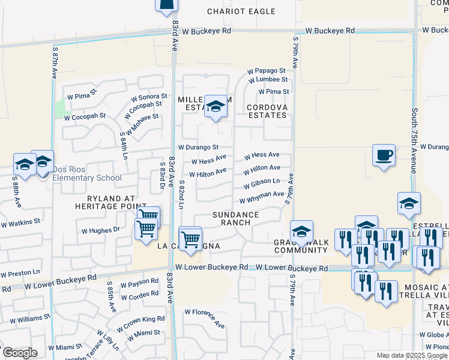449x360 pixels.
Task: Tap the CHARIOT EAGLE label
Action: (x=241, y=11)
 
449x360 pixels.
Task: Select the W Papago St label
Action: (x=268, y=70)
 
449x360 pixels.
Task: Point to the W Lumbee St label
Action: (x=267, y=79)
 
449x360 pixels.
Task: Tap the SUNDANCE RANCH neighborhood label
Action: (x=236, y=219)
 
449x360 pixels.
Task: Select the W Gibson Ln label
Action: (x=262, y=182)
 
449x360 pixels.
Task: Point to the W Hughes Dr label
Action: (x=100, y=230)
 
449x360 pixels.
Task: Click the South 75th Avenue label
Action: (x=414, y=140)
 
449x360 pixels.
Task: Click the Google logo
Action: (x=19, y=353)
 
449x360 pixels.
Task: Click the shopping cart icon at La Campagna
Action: (x=190, y=238)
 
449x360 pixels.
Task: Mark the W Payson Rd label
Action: (x=139, y=281)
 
